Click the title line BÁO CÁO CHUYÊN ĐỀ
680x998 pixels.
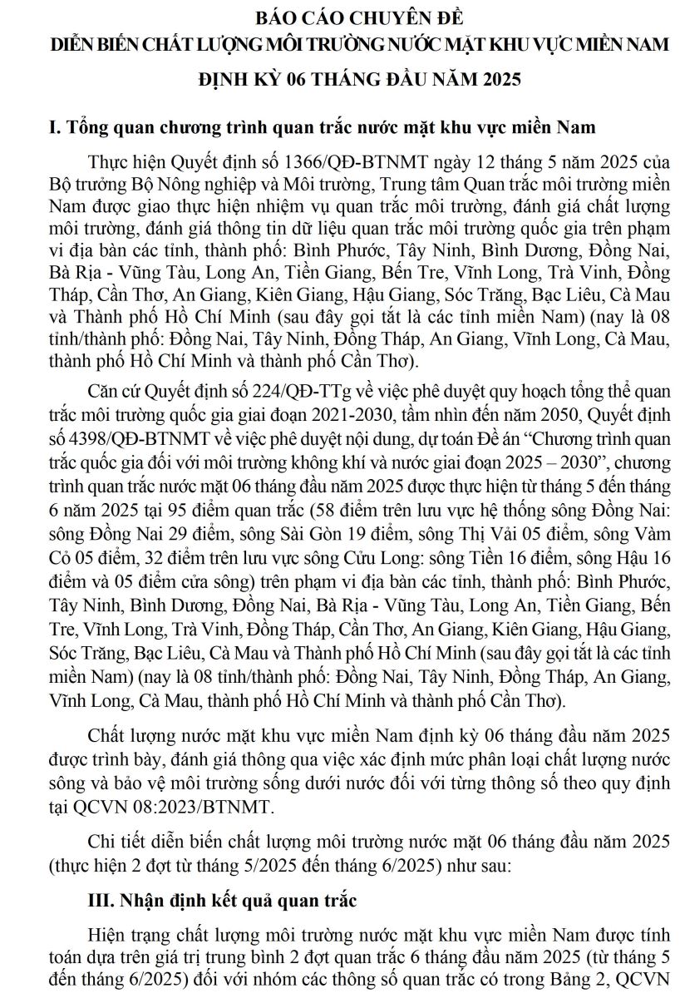(340, 17)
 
